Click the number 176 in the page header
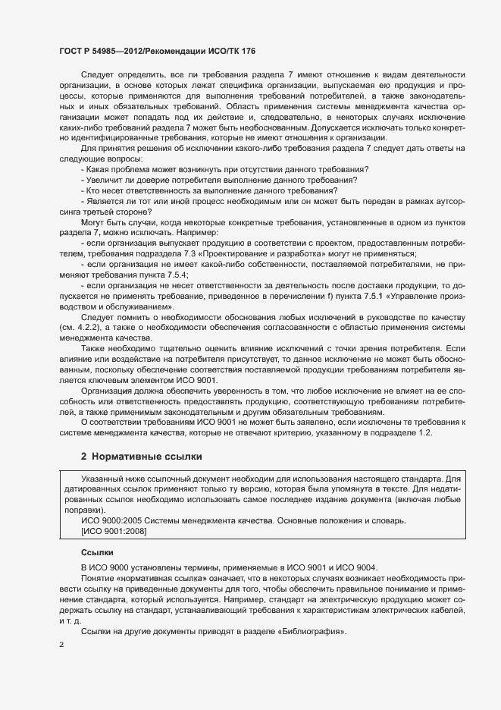[247, 50]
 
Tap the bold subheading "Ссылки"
[97, 552]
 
